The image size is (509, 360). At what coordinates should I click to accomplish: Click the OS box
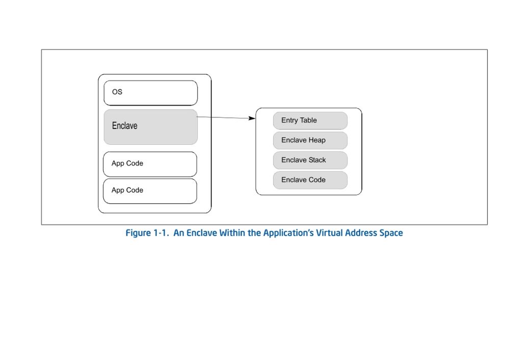tap(151, 93)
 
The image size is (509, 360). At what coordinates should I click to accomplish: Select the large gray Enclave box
tap(151, 127)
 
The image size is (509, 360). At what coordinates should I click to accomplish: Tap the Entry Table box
tap(310, 120)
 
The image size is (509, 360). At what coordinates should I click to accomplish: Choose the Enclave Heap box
tap(310, 140)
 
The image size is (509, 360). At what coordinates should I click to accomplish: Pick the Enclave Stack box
tap(310, 160)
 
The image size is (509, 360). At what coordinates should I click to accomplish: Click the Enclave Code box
tap(310, 180)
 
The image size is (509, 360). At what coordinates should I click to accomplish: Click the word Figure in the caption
tap(138, 233)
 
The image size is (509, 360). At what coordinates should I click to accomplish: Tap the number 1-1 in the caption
tap(161, 233)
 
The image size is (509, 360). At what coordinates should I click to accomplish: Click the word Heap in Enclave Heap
tap(317, 140)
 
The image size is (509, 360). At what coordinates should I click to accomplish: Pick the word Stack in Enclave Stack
tap(317, 160)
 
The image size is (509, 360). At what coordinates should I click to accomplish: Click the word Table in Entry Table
tap(308, 120)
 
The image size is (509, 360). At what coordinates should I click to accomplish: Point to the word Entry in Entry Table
tap(289, 120)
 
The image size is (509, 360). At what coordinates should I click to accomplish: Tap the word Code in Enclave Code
tap(317, 179)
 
